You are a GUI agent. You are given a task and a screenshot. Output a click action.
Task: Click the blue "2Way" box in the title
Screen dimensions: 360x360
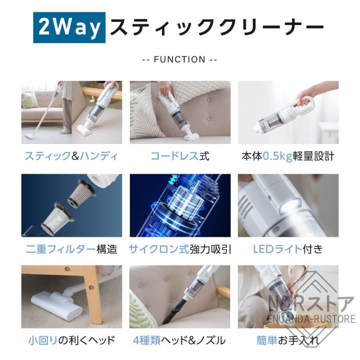69,28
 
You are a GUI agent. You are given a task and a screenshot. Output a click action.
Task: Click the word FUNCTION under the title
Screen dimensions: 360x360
180,60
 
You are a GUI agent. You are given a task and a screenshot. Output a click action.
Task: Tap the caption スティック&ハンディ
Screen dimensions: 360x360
72,156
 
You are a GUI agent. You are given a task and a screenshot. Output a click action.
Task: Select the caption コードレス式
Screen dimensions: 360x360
180,156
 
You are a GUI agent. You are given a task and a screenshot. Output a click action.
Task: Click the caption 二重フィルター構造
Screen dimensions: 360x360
72,250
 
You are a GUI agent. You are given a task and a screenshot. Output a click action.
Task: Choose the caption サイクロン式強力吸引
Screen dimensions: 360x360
180,250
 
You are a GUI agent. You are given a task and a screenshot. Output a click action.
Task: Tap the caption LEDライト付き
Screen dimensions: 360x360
288,250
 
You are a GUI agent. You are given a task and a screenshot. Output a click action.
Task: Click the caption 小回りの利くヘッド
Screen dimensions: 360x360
72,340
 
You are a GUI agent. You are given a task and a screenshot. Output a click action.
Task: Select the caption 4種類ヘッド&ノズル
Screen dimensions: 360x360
180,340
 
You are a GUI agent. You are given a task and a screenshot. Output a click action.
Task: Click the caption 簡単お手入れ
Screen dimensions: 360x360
288,340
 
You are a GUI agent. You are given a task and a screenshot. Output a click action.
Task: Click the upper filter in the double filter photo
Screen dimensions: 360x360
82,193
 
